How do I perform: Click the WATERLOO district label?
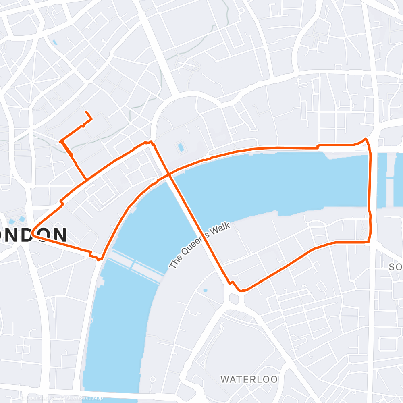pos(249,379)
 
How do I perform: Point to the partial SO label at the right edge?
pos(396,267)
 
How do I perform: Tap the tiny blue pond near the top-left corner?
pos(54,42)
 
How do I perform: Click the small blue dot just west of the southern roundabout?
pos(205,290)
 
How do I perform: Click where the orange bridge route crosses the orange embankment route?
pos(170,175)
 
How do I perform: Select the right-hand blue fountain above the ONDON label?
pos(22,219)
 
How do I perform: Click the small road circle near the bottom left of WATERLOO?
pos(152,379)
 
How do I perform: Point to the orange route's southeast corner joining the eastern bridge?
pos(368,241)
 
